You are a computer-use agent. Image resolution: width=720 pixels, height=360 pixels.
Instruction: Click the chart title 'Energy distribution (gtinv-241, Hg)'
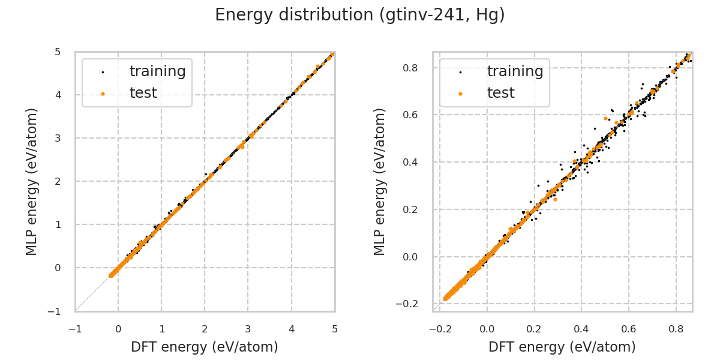coord(360,15)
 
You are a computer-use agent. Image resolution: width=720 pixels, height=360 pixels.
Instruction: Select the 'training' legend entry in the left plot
coord(157,71)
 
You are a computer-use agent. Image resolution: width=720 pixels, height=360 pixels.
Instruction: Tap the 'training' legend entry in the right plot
coord(515,71)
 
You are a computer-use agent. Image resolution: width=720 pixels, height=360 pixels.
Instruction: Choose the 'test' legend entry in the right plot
coord(500,93)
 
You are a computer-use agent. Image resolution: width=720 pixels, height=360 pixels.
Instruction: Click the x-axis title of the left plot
coord(205,347)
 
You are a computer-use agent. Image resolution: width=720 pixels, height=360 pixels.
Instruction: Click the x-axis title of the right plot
coord(562,347)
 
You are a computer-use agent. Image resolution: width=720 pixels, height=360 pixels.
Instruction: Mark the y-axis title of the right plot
coord(380,181)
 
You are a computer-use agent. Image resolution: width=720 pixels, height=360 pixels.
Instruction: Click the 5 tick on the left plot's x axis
coord(335,329)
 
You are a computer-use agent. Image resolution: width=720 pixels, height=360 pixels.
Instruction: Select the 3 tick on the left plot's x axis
coord(248,329)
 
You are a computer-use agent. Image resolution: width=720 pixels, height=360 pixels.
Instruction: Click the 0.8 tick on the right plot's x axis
coord(676,329)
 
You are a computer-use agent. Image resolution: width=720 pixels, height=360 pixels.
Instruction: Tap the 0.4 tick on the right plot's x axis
coord(581,329)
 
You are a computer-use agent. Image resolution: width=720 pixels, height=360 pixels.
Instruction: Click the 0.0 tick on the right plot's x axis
coord(487,329)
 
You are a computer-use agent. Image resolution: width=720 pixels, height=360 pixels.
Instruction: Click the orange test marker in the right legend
coord(460,94)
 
